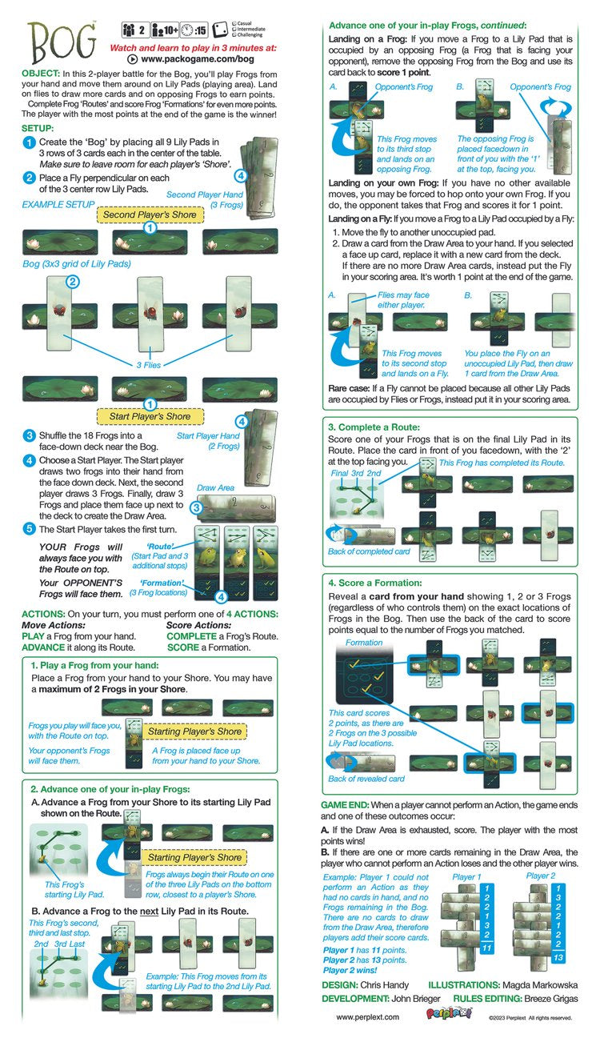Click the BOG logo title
[x=62, y=41]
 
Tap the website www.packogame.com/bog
[x=197, y=59]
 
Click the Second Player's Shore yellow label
[x=150, y=214]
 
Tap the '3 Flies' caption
[x=149, y=365]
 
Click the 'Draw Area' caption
[x=215, y=487]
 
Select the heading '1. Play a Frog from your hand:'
[x=94, y=665]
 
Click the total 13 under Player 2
[x=558, y=957]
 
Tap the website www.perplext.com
[x=367, y=1017]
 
